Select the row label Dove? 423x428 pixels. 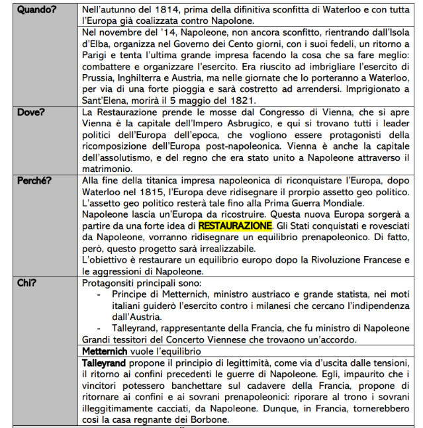[31, 112]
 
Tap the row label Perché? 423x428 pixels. [34, 179]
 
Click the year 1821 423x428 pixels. [242, 101]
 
